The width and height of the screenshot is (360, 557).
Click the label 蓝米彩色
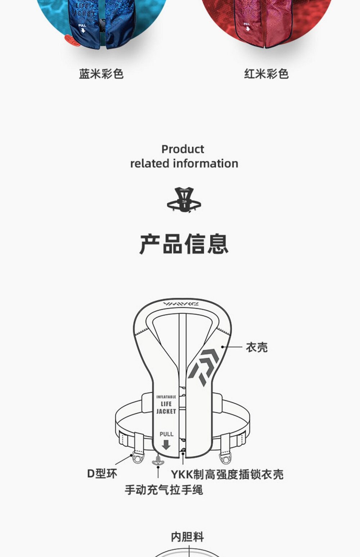point(101,74)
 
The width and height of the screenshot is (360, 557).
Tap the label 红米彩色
point(266,74)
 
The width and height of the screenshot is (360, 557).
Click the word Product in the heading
point(183,149)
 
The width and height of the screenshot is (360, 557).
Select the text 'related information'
point(184,163)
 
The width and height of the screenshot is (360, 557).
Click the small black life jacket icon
point(184,200)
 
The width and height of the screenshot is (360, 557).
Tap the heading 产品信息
point(184,244)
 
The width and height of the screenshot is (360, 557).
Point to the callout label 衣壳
point(257,347)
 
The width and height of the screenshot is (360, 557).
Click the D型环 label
point(102,474)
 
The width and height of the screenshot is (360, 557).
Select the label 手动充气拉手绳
point(164,490)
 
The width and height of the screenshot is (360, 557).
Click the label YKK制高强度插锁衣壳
point(227,474)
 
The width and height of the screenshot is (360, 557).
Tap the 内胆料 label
point(187,537)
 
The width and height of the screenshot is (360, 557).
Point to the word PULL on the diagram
point(166,434)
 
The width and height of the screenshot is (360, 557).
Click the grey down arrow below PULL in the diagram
point(166,445)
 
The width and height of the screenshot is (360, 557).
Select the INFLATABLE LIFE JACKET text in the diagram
point(166,404)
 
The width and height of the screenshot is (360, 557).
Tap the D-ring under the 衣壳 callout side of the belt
point(226,458)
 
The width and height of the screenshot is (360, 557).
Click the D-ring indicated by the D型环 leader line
point(138,457)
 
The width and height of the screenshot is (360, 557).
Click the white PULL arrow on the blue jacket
point(83,30)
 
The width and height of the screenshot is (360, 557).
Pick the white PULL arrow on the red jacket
point(247,28)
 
